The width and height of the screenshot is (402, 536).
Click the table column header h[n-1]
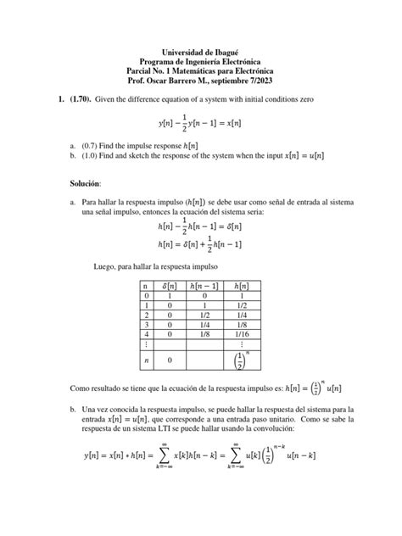tap(204, 289)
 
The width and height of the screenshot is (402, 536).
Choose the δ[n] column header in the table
tap(170, 289)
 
